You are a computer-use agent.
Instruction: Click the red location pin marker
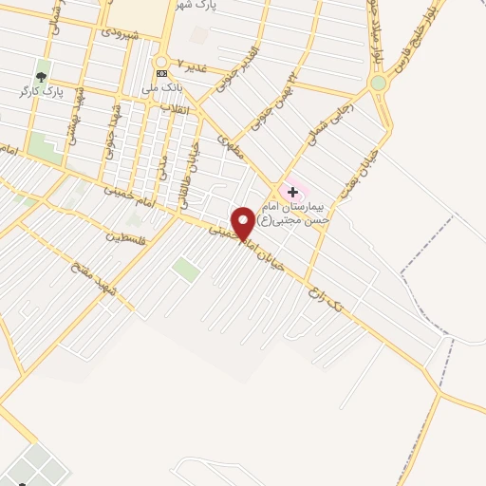coord(244,222)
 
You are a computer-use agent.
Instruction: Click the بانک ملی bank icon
coord(161,72)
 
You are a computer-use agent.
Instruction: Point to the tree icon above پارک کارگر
coord(41,76)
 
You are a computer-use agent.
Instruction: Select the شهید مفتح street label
coord(96,275)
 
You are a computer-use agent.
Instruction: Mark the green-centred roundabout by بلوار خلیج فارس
coord(379,84)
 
